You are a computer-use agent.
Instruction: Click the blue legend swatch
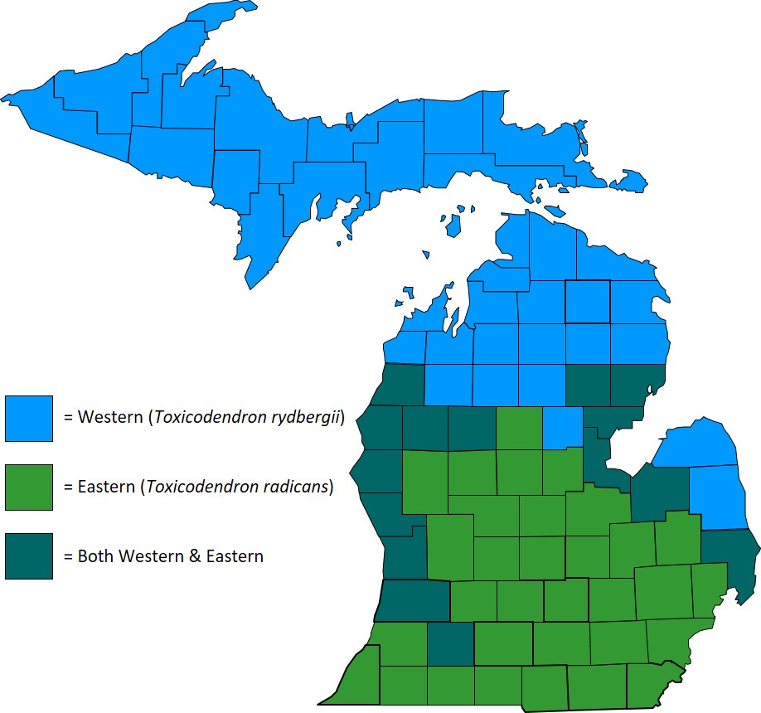[28, 418]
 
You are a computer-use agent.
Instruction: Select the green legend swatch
[28, 487]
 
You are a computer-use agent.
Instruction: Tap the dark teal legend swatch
[28, 556]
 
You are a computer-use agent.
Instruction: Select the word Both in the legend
[95, 556]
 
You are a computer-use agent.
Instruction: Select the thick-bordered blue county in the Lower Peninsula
[587, 301]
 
